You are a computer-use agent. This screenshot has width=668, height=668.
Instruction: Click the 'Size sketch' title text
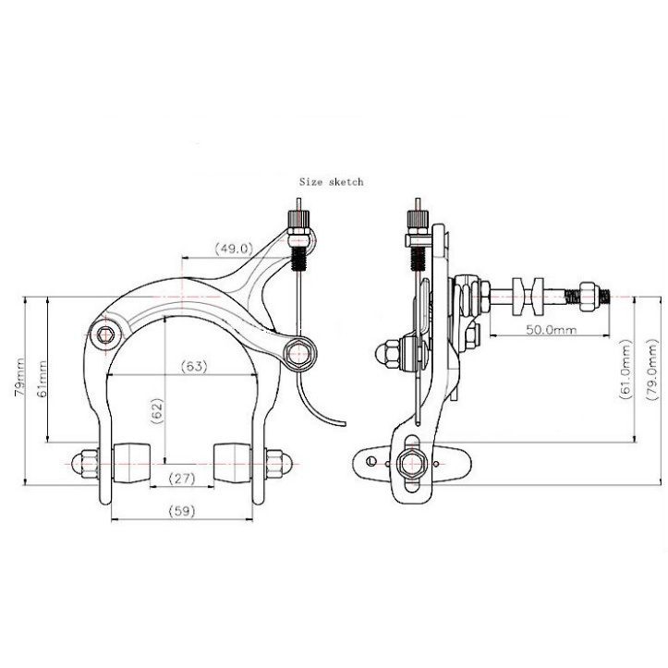331,182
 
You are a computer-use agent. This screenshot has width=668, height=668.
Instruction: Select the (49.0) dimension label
234,248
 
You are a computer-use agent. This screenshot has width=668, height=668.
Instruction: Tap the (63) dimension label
194,366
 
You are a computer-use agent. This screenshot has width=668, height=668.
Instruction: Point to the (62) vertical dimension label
157,410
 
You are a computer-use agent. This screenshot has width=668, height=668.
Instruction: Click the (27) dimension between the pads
182,479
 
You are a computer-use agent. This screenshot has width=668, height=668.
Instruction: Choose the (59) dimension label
182,511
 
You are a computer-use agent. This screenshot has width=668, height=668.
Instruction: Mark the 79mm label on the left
19,378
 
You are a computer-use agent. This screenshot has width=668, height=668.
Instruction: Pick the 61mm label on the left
42,379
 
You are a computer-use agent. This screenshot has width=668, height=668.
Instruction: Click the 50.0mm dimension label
552,329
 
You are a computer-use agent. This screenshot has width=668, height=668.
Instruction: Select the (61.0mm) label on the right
625,370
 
